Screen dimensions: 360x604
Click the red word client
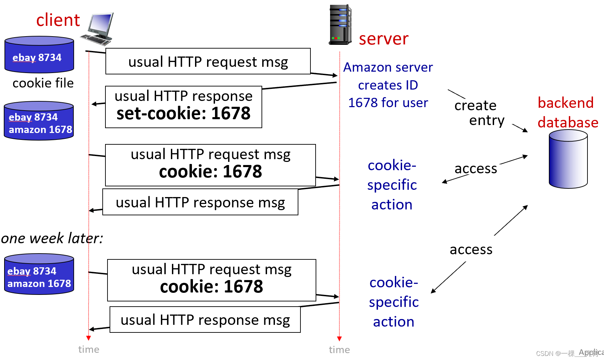click(58, 20)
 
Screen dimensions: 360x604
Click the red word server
click(383, 39)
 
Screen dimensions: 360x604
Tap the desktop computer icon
click(98, 29)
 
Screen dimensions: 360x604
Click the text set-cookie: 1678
click(183, 114)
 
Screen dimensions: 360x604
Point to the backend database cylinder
click(568, 159)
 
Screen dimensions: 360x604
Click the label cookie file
click(43, 83)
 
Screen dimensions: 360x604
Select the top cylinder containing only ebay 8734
click(39, 55)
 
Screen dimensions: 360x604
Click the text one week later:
click(52, 238)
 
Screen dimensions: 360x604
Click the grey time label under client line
click(89, 349)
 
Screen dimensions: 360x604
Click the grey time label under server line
click(339, 350)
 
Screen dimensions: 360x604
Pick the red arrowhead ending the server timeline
click(339, 339)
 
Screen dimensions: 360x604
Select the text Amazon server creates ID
click(388, 76)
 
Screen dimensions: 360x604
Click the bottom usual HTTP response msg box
click(205, 320)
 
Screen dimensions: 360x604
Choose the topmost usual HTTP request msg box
click(208, 62)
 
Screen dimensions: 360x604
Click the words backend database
click(567, 113)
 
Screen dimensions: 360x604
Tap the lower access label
click(471, 249)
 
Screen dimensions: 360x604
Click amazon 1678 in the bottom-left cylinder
click(39, 284)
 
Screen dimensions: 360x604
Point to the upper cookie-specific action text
click(392, 185)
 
